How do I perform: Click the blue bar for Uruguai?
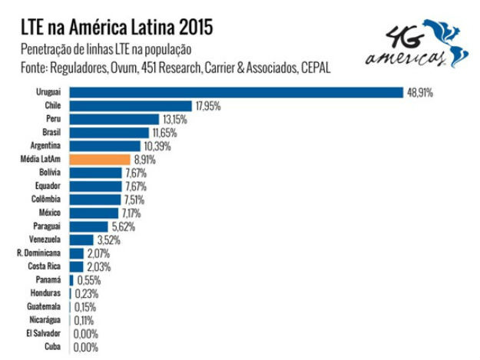[236, 92]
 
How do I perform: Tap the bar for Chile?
[131, 106]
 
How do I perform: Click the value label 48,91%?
[420, 92]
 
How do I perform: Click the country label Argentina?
[45, 146]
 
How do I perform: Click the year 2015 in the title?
[189, 28]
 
